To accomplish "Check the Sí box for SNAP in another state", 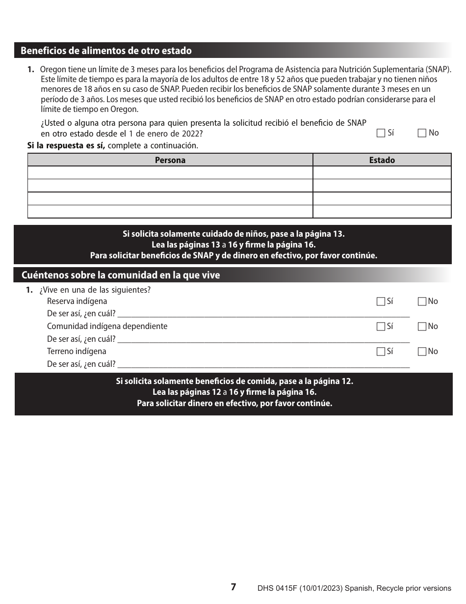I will (x=381, y=133).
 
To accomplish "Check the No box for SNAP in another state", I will (x=422, y=133).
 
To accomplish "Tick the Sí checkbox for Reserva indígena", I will (x=381, y=302).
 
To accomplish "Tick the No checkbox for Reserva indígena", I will (x=422, y=302).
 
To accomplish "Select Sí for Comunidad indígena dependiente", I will (x=381, y=327).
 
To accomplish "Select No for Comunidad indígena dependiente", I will (x=422, y=327).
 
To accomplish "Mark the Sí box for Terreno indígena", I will (x=381, y=352).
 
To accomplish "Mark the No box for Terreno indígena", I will (x=422, y=352).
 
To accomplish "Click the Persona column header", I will (x=170, y=160).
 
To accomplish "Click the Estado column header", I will (x=382, y=160).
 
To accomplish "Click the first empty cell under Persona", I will (x=170, y=173).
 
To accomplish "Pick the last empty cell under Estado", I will (x=382, y=212).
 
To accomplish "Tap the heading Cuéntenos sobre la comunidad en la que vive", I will (x=121, y=275).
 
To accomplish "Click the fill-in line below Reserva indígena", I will (x=263, y=314).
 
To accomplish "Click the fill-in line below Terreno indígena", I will (x=263, y=364).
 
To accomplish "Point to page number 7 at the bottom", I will (x=233, y=587).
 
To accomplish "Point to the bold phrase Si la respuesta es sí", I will (x=66, y=146).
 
